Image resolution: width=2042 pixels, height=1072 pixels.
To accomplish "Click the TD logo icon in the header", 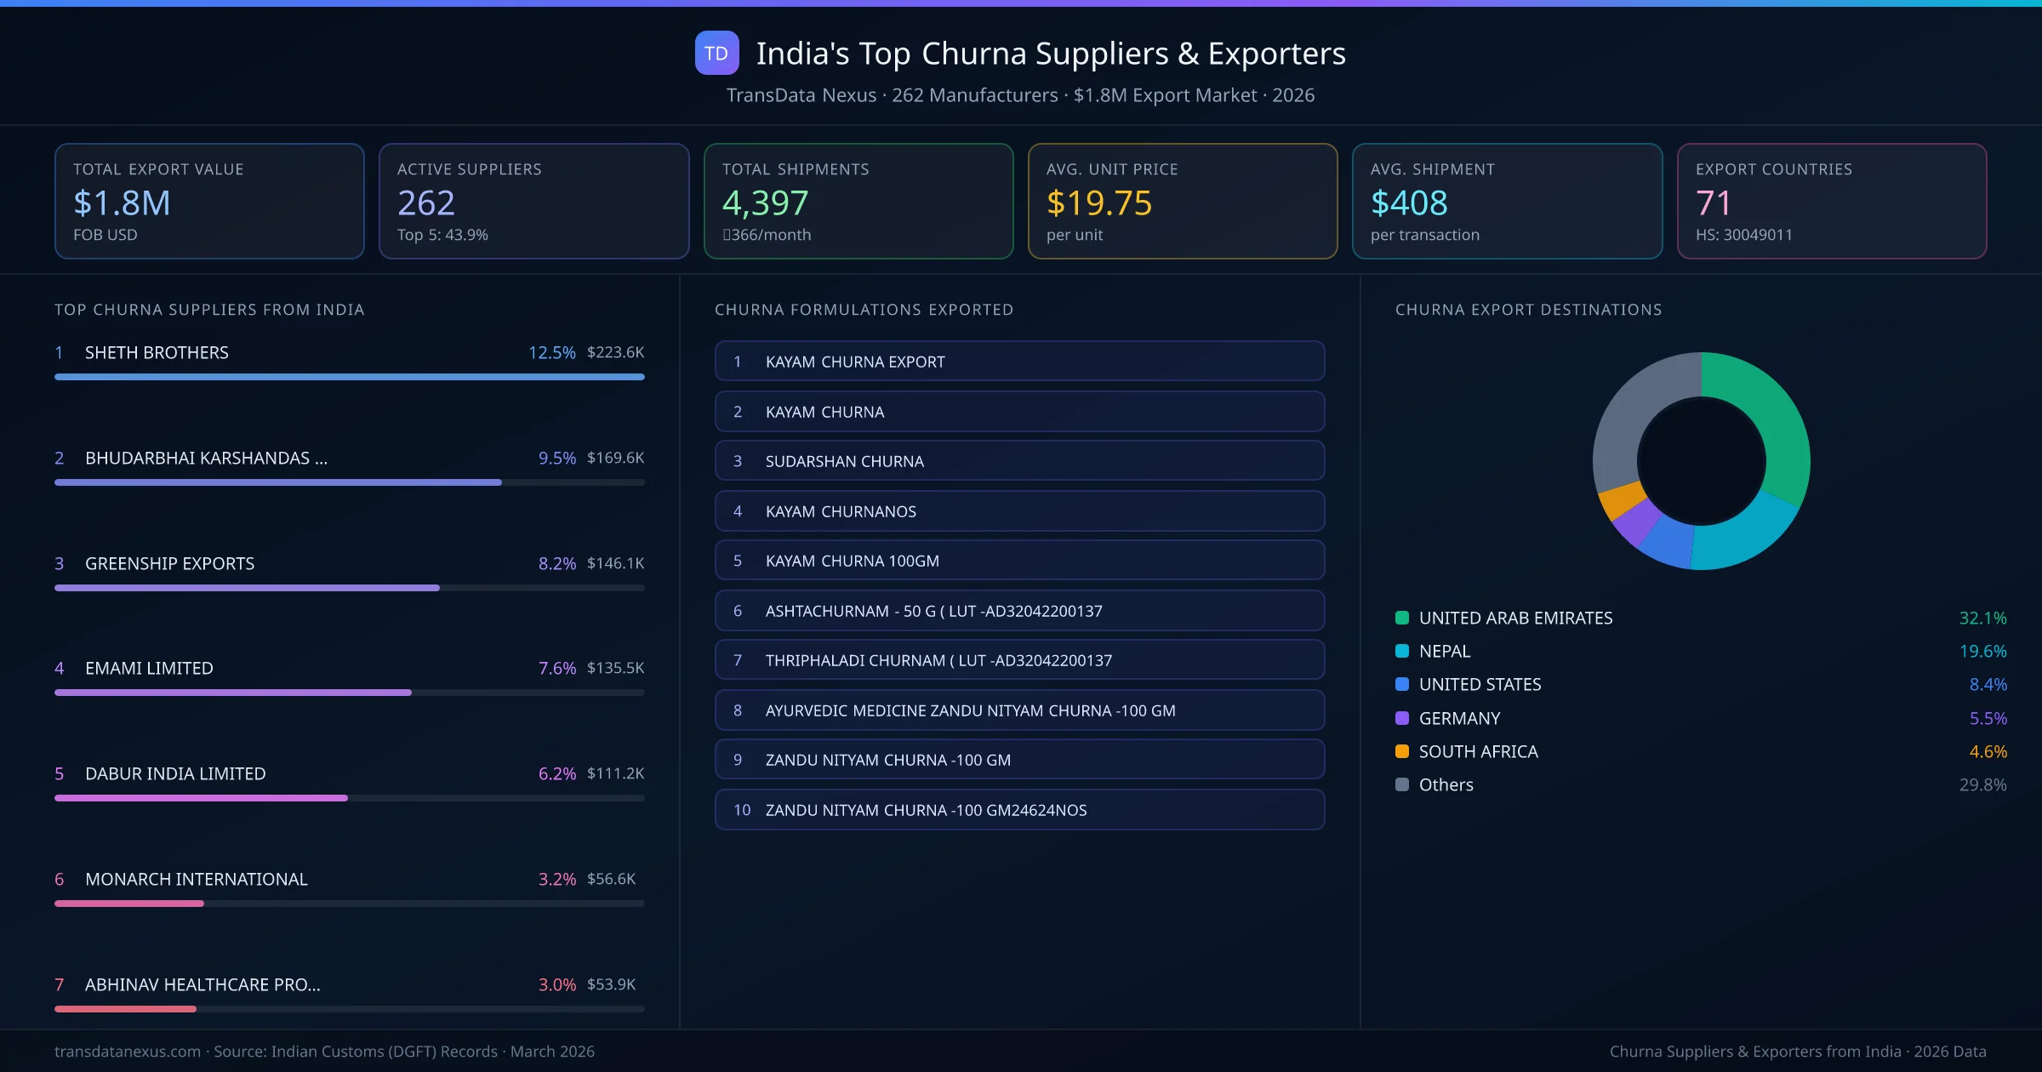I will coord(716,54).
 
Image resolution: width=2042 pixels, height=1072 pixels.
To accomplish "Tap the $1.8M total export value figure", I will coord(122,203).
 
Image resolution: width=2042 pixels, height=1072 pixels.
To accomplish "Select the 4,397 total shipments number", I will coord(765,203).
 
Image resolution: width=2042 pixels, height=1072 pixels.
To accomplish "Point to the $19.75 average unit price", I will coord(1098,203).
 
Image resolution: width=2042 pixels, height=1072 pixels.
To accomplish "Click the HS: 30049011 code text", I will coord(1743,235).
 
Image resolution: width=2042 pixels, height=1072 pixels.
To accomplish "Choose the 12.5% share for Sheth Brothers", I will coord(551,352).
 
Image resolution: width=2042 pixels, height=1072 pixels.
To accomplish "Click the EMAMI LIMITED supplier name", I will coord(149,669).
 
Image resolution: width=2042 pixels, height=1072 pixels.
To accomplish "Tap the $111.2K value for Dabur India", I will coord(615,773).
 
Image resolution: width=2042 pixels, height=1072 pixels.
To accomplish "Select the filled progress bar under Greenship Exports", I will coord(247,588).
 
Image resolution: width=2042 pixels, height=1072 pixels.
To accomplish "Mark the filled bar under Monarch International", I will coord(129,904).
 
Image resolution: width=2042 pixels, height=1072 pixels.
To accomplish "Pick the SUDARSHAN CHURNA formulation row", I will coord(1019,461).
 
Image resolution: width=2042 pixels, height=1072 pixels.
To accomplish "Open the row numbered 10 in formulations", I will coord(1019,810).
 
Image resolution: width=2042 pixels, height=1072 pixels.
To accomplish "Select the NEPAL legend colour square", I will coord(1402,652).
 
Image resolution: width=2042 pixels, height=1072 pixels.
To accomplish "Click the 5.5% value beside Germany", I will coord(1988,719).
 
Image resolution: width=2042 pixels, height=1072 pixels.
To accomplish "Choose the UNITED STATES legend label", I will coord(1480,685).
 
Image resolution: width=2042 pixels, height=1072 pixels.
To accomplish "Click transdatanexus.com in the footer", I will coord(128,1052).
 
